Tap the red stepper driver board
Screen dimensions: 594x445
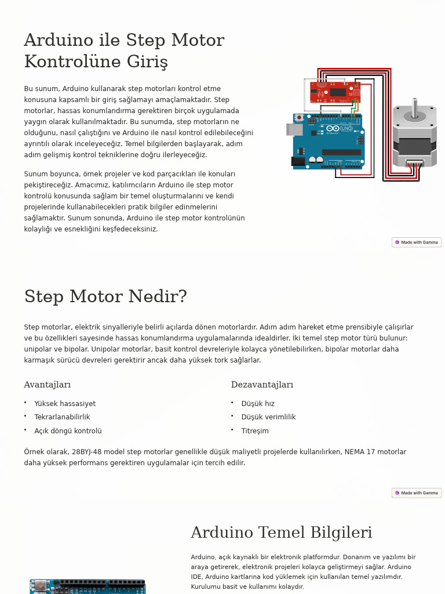(x=334, y=92)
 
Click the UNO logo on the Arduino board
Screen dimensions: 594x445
(x=345, y=128)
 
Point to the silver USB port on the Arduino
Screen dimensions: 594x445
(x=293, y=129)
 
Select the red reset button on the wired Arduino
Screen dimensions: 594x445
(x=299, y=118)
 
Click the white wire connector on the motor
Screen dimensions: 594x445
(x=414, y=164)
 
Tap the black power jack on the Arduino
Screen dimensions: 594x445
(x=298, y=161)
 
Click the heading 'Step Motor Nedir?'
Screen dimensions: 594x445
(x=105, y=296)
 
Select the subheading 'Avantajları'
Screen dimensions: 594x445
(x=48, y=385)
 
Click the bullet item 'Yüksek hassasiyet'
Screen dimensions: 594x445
(x=65, y=404)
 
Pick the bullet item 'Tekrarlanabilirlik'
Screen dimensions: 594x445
(x=62, y=417)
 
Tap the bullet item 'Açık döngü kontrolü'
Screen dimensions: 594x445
(x=68, y=431)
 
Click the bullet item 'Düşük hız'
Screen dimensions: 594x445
(x=258, y=404)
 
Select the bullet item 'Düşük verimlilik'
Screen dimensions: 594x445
(x=268, y=417)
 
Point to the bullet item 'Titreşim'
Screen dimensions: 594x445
(x=255, y=431)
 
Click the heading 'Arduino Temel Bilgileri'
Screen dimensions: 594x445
(x=281, y=533)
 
